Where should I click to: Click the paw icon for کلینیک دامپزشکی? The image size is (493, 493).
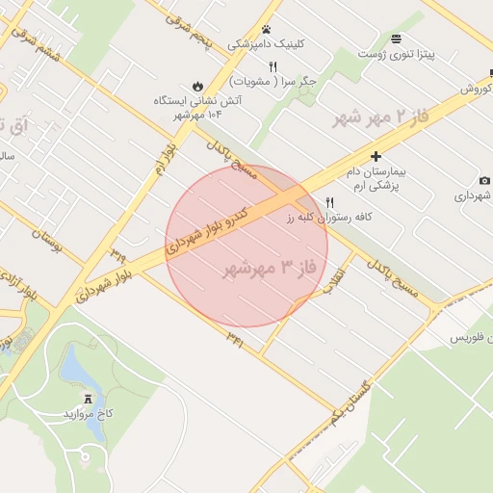point(266,30)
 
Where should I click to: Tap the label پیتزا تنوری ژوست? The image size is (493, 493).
point(397,54)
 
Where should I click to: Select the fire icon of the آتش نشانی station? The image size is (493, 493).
point(197,85)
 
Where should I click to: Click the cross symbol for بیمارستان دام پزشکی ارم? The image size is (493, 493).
point(376,156)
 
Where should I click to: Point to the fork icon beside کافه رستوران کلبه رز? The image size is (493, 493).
point(330,202)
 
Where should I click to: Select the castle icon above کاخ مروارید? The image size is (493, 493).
point(90,398)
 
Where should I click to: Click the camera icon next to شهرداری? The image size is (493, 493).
point(484,180)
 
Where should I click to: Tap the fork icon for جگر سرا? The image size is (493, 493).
point(272,65)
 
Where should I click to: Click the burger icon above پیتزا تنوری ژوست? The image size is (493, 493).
point(397,39)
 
